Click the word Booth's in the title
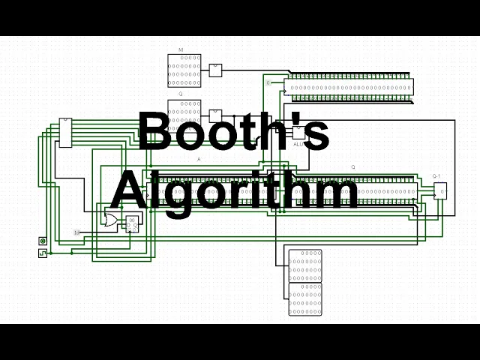point(233,132)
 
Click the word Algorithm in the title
point(234,190)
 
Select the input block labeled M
point(184,70)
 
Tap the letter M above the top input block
point(181,50)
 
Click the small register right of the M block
point(215,70)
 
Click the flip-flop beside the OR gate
point(131,223)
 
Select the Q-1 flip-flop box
point(440,191)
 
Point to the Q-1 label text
point(436,177)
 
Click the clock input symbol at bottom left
point(42,254)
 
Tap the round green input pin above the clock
point(42,241)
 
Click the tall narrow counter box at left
point(66,133)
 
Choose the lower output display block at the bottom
point(304,298)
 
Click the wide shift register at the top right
point(349,86)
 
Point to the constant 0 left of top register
point(268,82)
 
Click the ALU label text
point(298,143)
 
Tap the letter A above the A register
point(199,160)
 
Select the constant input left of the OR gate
point(76,232)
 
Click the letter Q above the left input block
point(181,94)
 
